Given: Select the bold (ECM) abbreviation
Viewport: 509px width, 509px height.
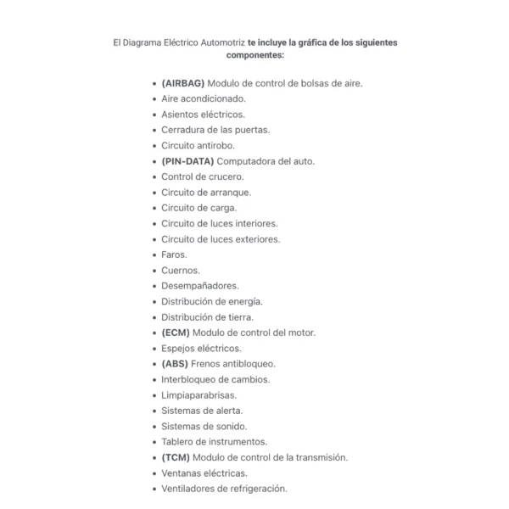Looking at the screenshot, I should click(176, 333).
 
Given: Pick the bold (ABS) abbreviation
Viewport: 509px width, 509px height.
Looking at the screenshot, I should click(175, 364).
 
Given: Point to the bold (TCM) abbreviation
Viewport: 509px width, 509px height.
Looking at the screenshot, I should click(176, 457).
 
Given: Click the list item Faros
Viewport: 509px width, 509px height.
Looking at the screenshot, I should click(174, 255).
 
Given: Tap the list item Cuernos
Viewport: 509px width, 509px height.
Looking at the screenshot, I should click(181, 271).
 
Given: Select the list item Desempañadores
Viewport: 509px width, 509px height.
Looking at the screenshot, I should click(200, 286).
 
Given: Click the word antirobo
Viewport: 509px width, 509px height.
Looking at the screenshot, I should click(215, 145).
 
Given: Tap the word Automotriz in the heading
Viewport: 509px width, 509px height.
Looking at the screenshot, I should click(218, 42).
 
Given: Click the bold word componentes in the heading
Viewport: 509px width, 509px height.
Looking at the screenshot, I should click(255, 55).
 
